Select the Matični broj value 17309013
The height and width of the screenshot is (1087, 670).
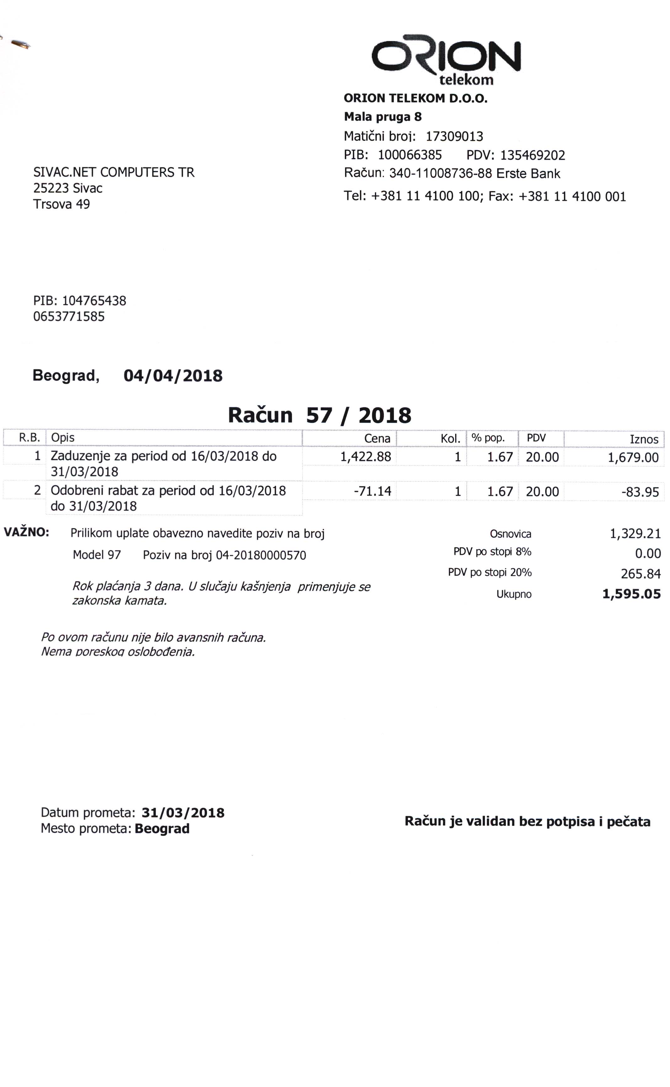tap(454, 136)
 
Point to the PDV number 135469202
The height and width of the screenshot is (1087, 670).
tap(532, 155)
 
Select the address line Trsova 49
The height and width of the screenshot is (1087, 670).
tap(61, 204)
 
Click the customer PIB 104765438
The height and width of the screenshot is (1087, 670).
tap(94, 301)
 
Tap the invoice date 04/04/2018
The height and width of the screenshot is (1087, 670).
tap(173, 376)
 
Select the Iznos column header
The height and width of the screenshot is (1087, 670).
tap(644, 439)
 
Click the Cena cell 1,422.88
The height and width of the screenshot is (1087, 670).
tap(365, 457)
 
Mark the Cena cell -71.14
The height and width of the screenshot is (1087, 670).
tap(372, 491)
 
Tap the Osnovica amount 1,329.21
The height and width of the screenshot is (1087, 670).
tap(635, 533)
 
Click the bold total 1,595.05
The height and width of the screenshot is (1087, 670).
tap(631, 594)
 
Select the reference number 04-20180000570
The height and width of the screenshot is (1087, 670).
tap(261, 555)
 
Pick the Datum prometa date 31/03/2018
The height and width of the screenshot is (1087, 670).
tap(183, 813)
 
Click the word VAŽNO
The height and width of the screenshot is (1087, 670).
tap(26, 532)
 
